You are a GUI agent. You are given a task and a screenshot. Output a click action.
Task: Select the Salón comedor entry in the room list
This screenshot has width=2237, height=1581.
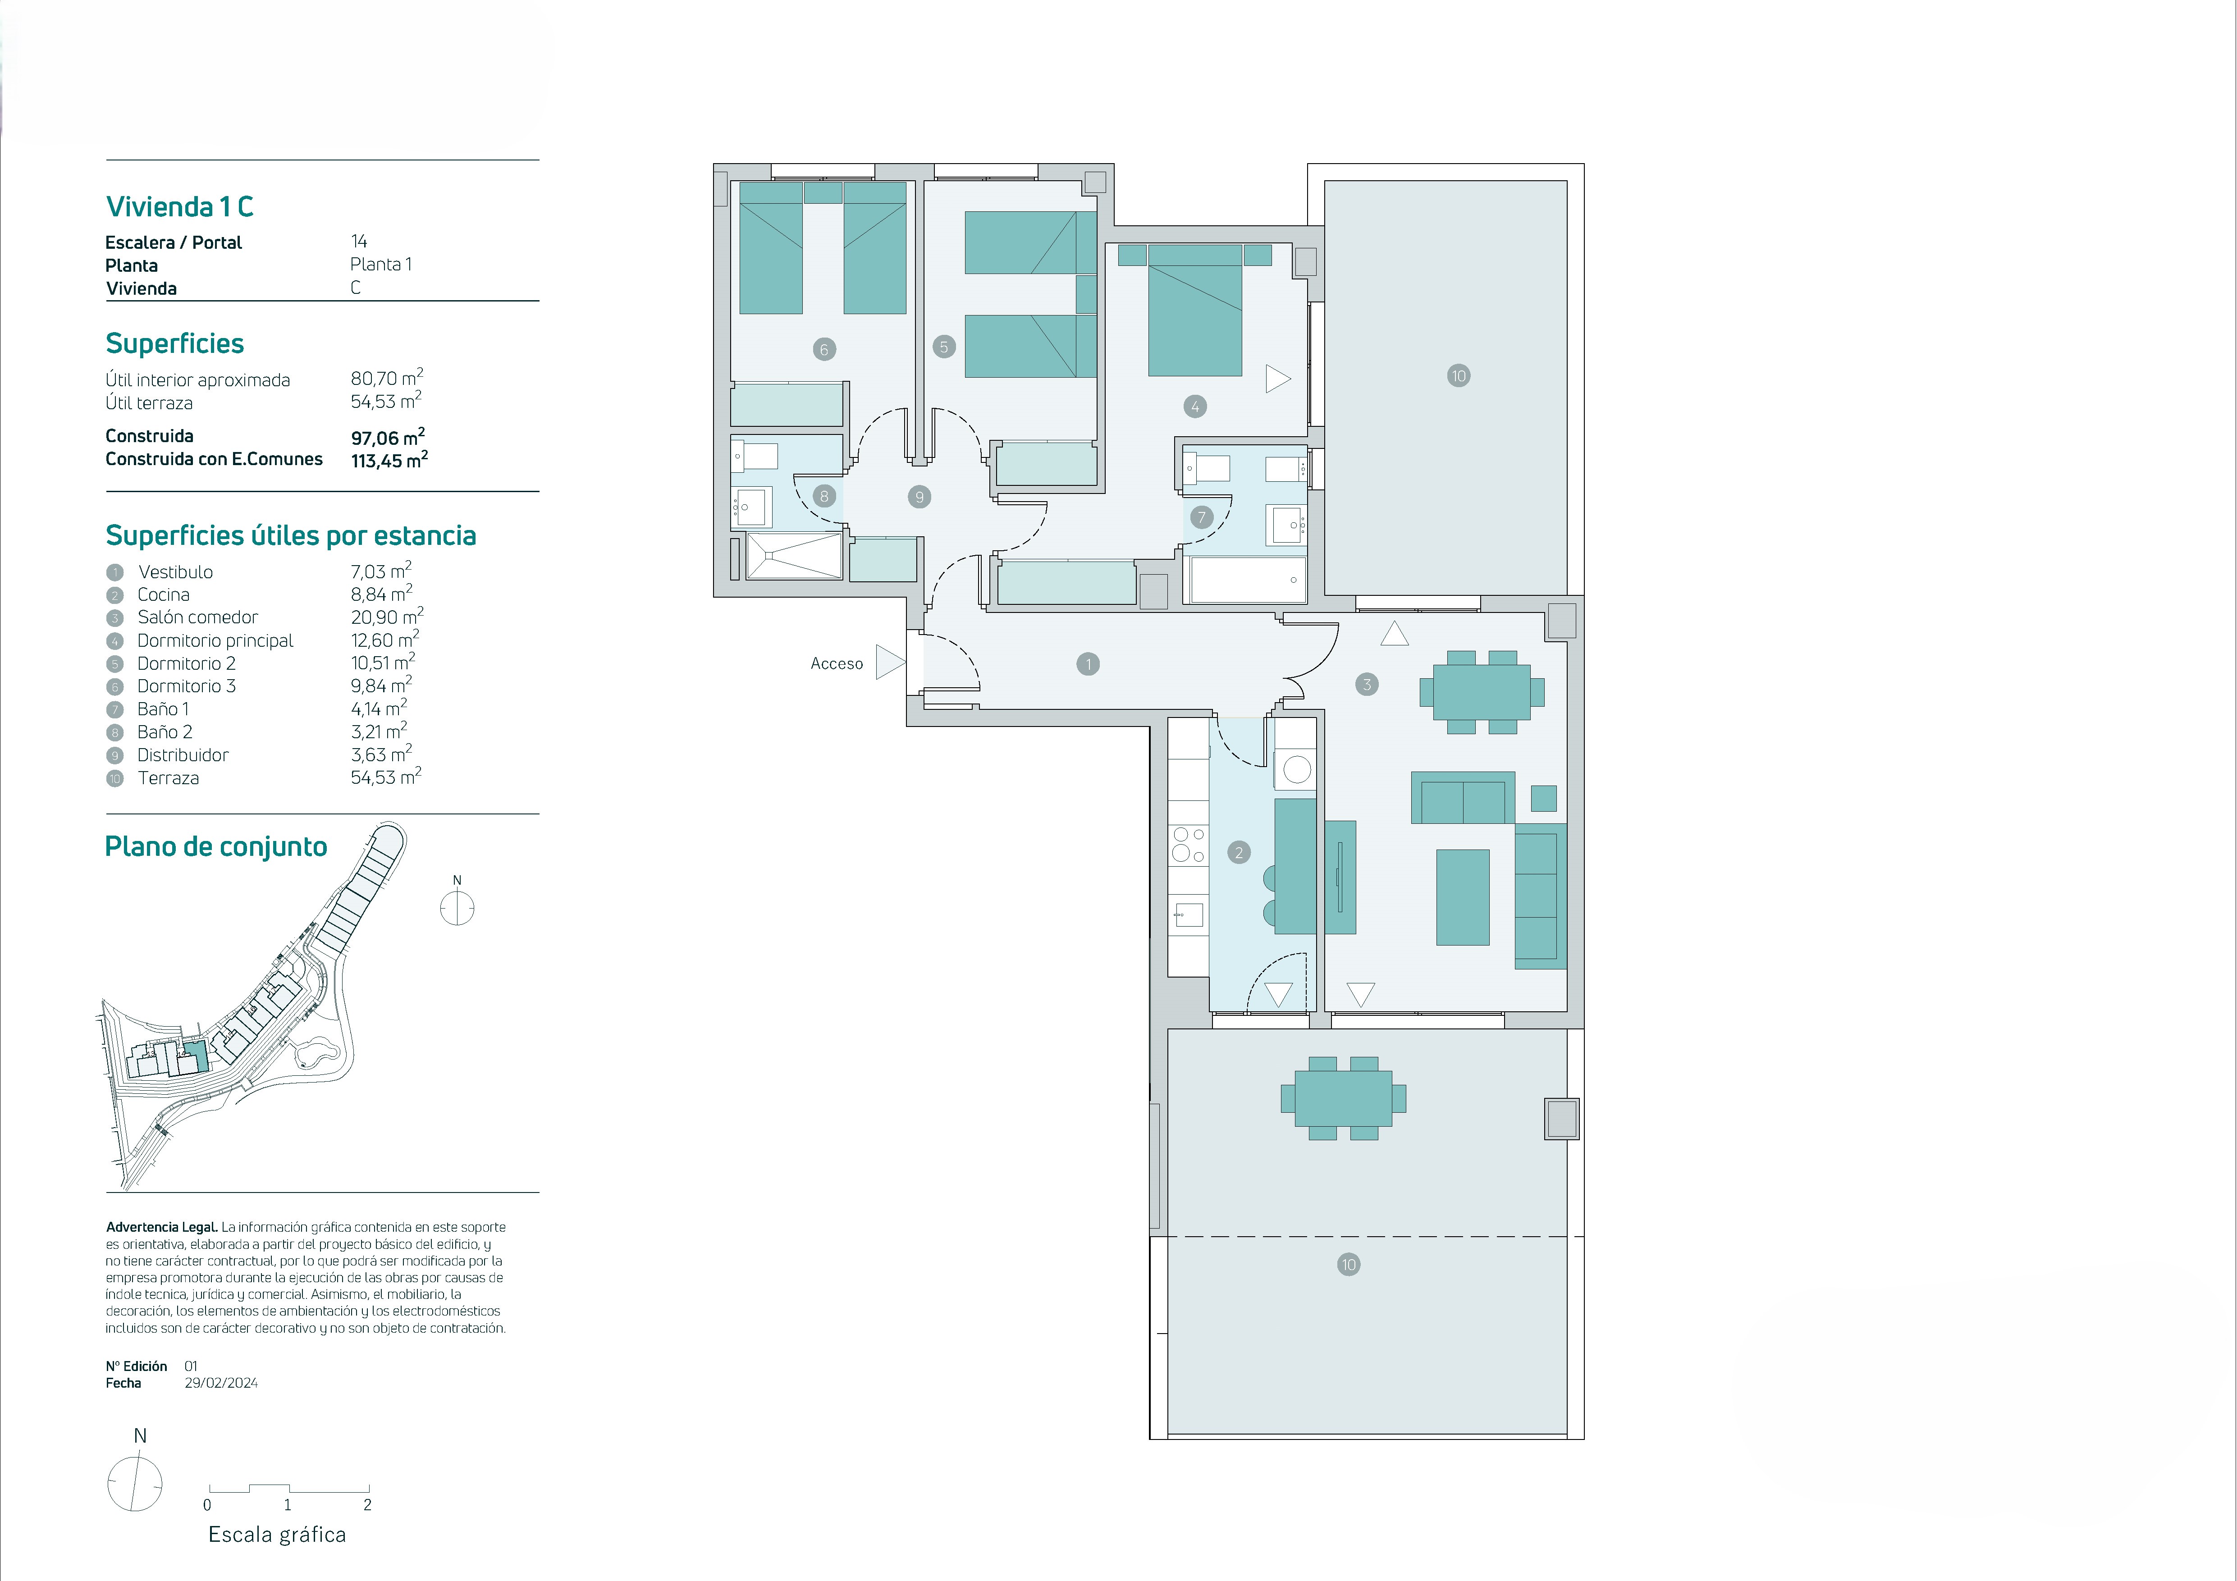coord(198,617)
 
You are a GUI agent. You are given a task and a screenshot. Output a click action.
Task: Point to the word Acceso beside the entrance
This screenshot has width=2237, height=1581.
coord(837,663)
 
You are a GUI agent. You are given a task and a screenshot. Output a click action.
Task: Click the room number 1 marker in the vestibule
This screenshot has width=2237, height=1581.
coord(1088,664)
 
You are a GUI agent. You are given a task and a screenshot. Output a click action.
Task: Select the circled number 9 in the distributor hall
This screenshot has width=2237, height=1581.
coord(919,497)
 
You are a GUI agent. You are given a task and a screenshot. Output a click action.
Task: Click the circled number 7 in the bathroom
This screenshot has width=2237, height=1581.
coord(1201,517)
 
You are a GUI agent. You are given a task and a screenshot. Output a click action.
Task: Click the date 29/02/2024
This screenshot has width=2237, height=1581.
coord(221,1382)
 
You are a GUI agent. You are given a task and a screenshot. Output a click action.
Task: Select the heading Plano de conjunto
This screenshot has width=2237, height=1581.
coord(216,846)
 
